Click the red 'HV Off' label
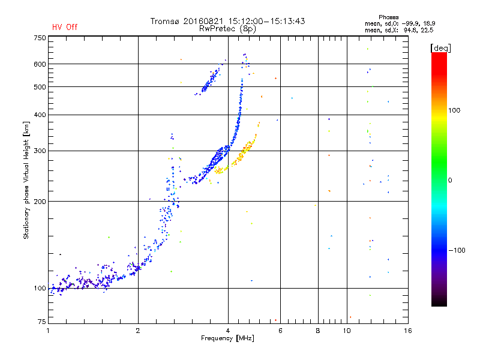[65, 27]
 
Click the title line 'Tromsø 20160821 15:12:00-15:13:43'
[227, 21]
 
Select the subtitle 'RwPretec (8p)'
[227, 28]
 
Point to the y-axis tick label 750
[40, 38]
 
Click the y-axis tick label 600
[40, 64]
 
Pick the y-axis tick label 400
[40, 115]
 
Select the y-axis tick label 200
[40, 202]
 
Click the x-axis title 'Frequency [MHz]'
[227, 338]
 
